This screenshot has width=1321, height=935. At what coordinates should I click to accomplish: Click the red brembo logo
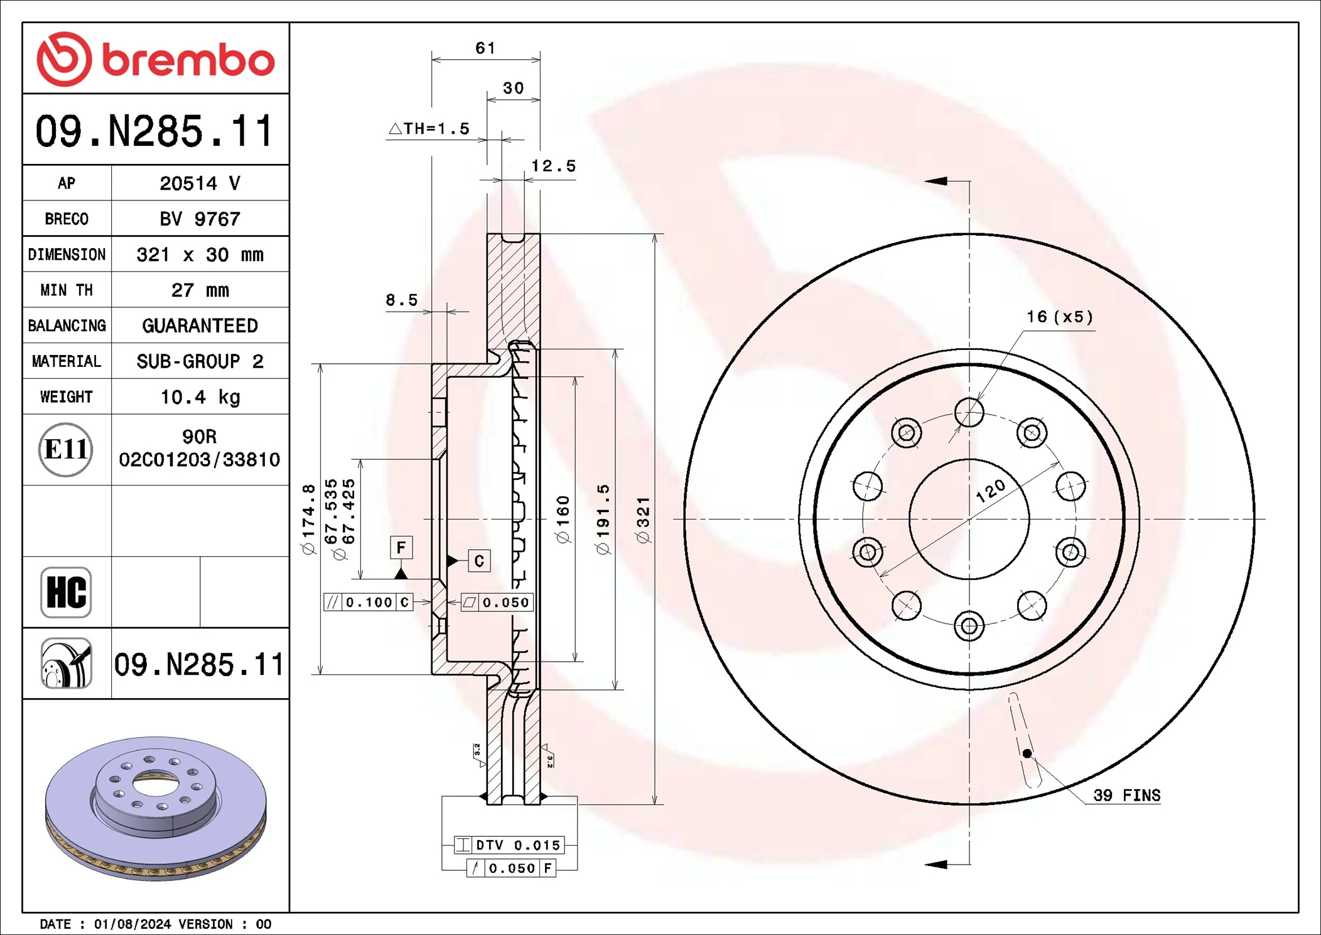[x=155, y=59]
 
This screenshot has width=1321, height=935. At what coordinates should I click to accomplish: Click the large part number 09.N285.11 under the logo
[x=154, y=131]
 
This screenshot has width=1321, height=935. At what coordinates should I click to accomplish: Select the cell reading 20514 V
[x=200, y=183]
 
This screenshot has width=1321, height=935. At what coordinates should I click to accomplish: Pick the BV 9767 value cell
[x=200, y=219]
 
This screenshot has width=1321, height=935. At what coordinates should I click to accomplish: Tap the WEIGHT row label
[x=67, y=397]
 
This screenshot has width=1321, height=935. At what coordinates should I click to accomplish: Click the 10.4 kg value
[x=200, y=397]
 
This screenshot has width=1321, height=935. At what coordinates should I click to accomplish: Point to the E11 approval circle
[x=66, y=450]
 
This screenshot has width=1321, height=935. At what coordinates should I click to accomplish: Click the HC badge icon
[x=66, y=593]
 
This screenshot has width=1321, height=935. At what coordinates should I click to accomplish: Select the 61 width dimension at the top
[x=485, y=48]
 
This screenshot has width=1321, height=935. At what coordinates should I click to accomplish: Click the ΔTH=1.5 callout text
[x=429, y=129]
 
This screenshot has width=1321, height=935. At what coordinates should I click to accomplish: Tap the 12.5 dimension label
[x=553, y=167]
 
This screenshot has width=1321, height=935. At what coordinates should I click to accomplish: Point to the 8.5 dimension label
[x=401, y=300]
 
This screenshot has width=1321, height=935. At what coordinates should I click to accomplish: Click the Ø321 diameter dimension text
[x=643, y=520]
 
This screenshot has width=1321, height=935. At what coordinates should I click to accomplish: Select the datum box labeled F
[x=401, y=547]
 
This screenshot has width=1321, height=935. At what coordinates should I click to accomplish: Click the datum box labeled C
[x=479, y=560]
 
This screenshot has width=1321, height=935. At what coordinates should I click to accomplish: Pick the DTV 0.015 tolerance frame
[x=509, y=845]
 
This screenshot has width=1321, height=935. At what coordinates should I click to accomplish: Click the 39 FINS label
[x=1126, y=796]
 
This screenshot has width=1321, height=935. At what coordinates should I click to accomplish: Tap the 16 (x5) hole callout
[x=1059, y=317]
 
